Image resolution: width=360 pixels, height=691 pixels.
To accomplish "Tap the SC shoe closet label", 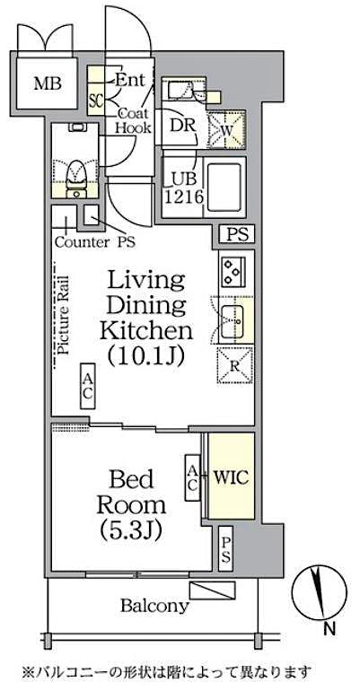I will point(95,99).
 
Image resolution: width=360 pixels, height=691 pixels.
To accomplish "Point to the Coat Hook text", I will point(132,121).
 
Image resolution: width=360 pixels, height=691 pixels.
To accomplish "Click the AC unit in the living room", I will point(88,387).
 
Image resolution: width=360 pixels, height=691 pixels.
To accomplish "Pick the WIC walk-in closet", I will point(230,477).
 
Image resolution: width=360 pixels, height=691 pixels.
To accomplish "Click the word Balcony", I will point(154,606).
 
